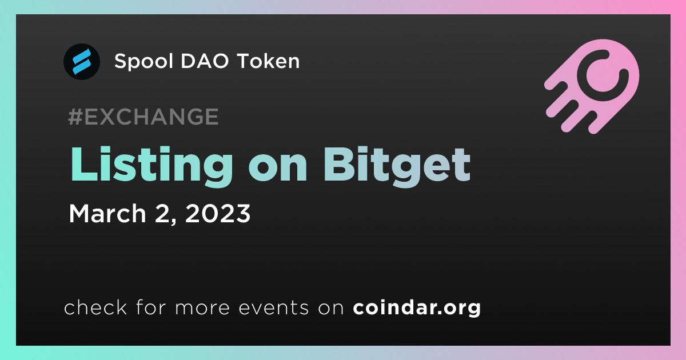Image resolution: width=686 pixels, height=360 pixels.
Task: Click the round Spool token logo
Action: pyautogui.click(x=81, y=62)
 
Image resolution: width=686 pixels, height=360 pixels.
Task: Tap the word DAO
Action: pyautogui.click(x=205, y=61)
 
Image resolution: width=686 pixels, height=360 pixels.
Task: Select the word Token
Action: pyautogui.click(x=268, y=61)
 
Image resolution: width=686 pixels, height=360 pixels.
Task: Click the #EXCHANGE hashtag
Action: pyautogui.click(x=143, y=117)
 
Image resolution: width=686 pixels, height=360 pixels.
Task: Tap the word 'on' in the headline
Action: pyautogui.click(x=278, y=169)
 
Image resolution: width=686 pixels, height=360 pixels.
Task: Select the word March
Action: pyautogui.click(x=107, y=213)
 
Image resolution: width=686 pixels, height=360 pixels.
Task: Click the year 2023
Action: pyautogui.click(x=218, y=213)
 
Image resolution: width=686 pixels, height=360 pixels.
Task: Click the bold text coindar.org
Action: pyautogui.click(x=417, y=308)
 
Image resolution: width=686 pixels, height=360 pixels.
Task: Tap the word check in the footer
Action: pyautogui.click(x=95, y=307)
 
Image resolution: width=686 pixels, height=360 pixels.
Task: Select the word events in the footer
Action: pyautogui.click(x=273, y=308)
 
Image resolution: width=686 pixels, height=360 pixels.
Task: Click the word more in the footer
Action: pyautogui.click(x=202, y=308)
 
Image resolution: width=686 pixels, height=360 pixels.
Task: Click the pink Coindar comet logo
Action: pyautogui.click(x=592, y=87)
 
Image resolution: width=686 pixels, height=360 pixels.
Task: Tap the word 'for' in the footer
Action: pyautogui.click(x=151, y=307)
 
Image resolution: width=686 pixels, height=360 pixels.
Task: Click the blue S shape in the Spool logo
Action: pyautogui.click(x=81, y=62)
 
